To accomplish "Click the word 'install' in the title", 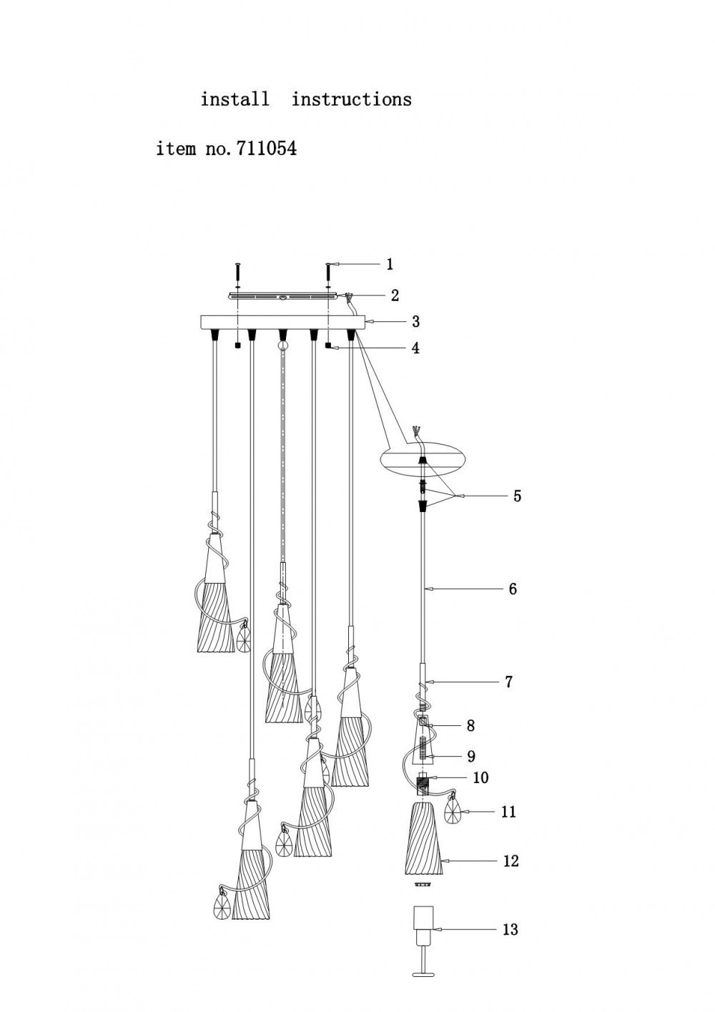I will click(235, 99).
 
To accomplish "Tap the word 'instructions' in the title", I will click(351, 99).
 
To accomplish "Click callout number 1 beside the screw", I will click(390, 264).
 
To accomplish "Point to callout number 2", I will click(394, 295).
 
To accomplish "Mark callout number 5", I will click(517, 496).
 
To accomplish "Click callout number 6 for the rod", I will click(512, 589).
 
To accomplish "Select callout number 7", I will click(508, 682).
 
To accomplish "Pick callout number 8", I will click(470, 725).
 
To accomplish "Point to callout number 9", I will click(470, 756).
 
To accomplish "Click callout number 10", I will click(480, 777).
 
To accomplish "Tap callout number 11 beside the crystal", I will click(508, 812).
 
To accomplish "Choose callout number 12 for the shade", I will click(510, 860).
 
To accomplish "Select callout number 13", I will click(510, 929).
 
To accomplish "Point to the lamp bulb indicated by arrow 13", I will click(424, 927).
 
